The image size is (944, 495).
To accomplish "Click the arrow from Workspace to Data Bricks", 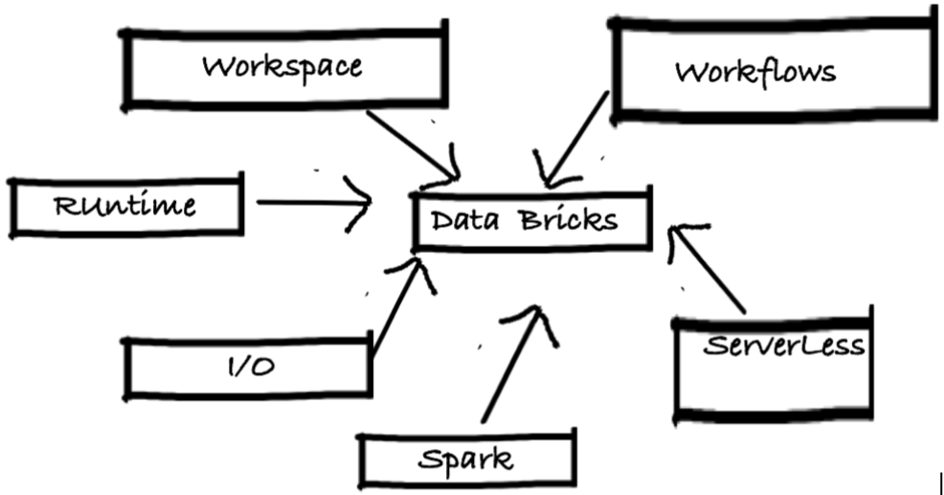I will pyautogui.click(x=412, y=144).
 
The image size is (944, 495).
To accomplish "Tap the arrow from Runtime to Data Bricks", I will pyautogui.click(x=311, y=202).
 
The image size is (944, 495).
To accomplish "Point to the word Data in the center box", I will pyautogui.click(x=463, y=221).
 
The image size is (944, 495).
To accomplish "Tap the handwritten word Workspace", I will pyautogui.click(x=282, y=67).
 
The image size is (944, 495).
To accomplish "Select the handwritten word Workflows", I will pyautogui.click(x=754, y=72).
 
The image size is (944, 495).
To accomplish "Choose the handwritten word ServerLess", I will pyautogui.click(x=783, y=346).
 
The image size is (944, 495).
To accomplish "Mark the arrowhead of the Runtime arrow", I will pyautogui.click(x=362, y=203).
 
